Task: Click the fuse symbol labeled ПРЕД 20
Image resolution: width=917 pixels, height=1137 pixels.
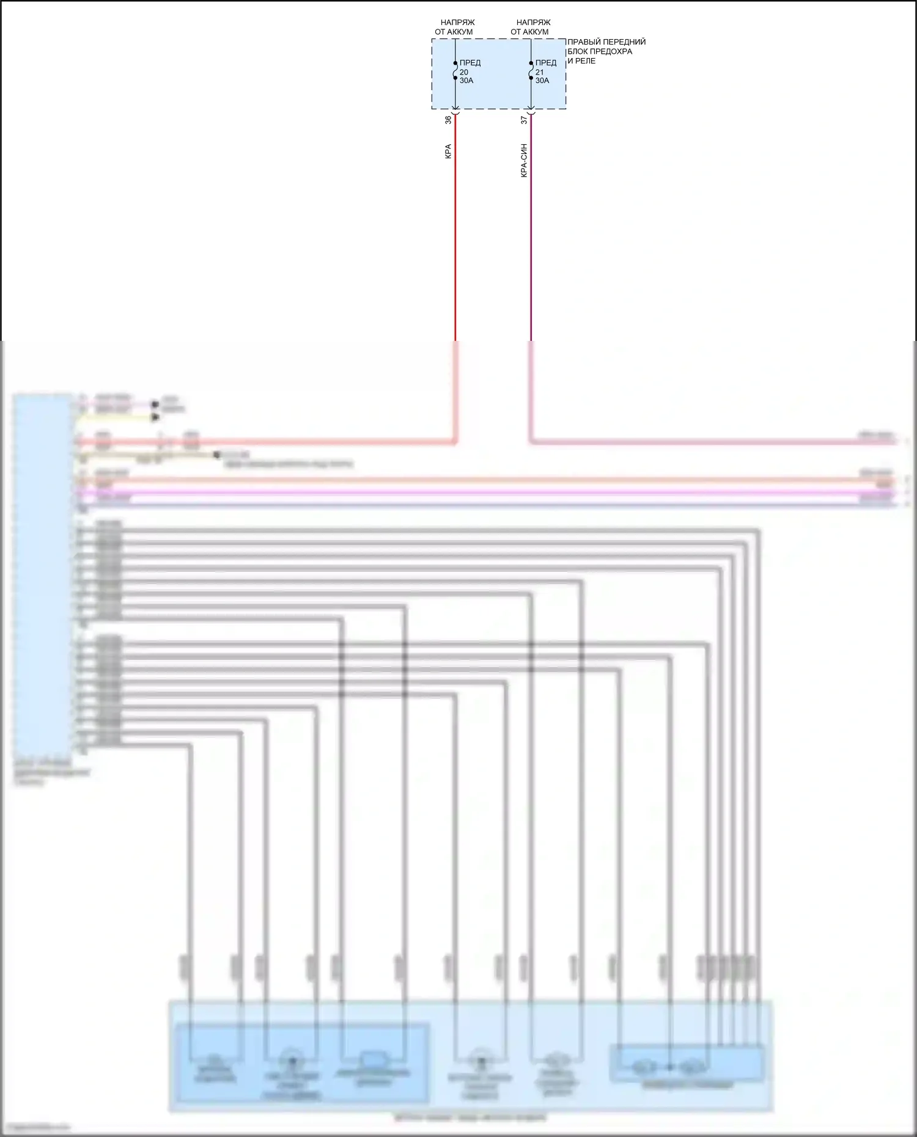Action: pos(455,71)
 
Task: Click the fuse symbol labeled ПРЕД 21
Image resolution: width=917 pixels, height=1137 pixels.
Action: pos(531,71)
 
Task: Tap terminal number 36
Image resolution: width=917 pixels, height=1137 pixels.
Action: pos(448,120)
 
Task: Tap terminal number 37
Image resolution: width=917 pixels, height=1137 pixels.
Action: pos(524,120)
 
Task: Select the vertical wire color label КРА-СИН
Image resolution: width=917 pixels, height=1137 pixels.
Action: pos(524,161)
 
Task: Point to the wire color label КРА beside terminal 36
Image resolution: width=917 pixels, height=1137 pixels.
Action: pos(448,152)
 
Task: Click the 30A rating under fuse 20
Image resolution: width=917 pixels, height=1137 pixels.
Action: pos(466,81)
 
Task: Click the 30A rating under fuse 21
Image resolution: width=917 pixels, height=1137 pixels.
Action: pos(542,81)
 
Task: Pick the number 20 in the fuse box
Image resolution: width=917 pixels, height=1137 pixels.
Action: pos(464,72)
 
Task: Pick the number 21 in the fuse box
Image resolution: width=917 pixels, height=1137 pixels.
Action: pos(539,72)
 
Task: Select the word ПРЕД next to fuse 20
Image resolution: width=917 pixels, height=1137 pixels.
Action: pos(470,63)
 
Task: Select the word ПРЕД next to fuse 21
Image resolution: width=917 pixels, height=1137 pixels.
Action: pos(546,63)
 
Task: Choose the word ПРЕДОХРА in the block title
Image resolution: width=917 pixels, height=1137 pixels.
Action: pos(612,51)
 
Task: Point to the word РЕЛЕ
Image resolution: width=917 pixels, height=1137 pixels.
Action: pos(585,61)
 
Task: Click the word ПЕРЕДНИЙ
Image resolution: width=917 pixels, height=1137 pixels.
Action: pos(627,42)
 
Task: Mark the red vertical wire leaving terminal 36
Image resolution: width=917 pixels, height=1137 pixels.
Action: pos(455,232)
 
